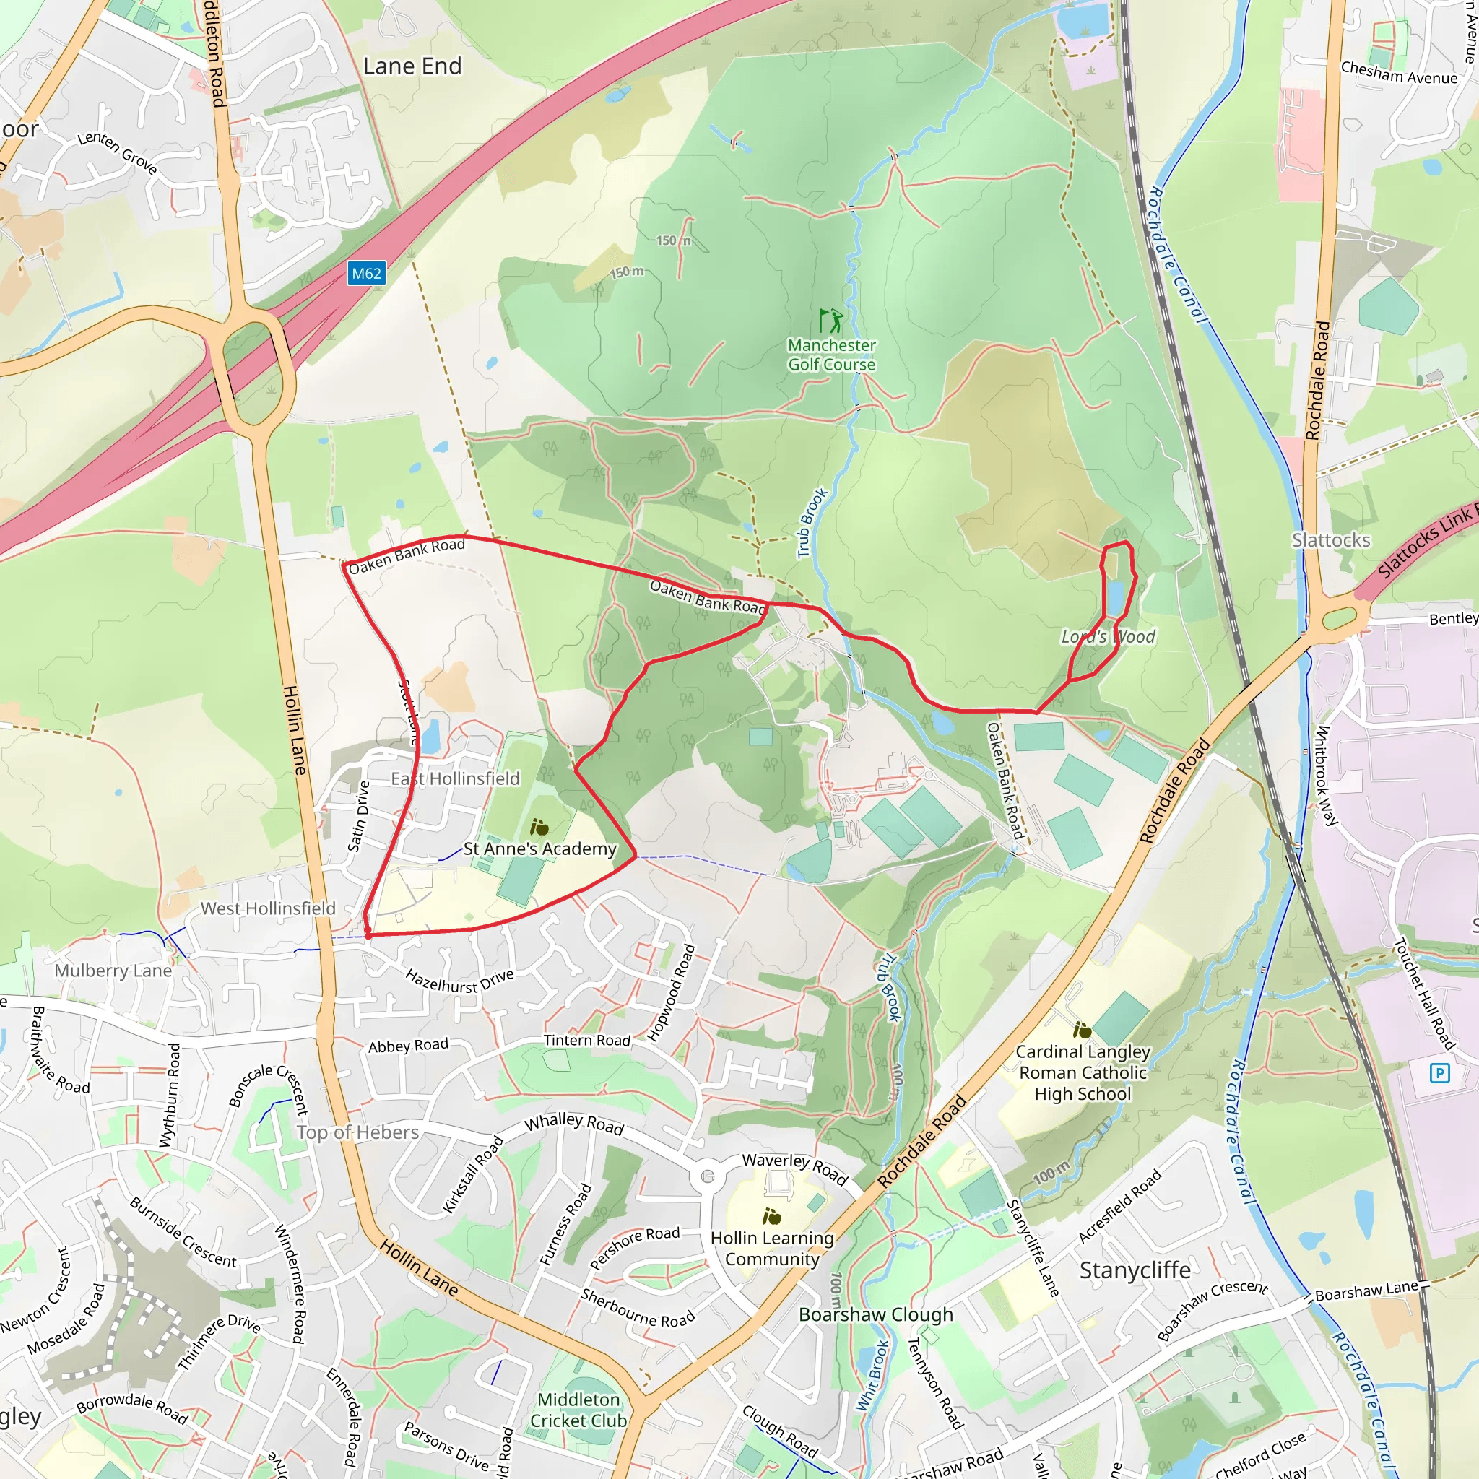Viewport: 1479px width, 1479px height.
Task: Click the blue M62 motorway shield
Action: (x=367, y=273)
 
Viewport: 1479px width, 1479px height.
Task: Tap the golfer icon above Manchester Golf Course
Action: (x=830, y=320)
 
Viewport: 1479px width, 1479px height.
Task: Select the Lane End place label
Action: (x=412, y=66)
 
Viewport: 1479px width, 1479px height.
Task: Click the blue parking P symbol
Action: (x=1439, y=1072)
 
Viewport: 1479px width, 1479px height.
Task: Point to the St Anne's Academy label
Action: (x=539, y=849)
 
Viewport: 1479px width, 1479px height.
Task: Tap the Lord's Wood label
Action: (x=1108, y=637)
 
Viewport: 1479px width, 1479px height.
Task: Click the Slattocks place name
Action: (x=1330, y=540)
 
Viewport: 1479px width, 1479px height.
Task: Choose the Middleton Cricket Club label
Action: (x=578, y=1410)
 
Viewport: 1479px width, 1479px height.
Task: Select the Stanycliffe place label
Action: (x=1135, y=1270)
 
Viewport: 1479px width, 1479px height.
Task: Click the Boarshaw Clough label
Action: (x=876, y=1314)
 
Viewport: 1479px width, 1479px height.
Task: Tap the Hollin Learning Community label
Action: (x=772, y=1249)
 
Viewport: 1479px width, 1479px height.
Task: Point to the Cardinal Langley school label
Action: (x=1083, y=1072)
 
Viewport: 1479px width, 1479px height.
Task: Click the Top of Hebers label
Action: (x=357, y=1132)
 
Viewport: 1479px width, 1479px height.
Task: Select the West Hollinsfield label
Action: (x=268, y=908)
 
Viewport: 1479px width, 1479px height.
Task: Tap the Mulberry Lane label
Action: (x=113, y=971)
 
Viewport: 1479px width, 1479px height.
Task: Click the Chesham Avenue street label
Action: (x=1399, y=74)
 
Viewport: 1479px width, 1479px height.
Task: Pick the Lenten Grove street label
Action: (x=118, y=152)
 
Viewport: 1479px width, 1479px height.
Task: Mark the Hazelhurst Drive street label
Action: (x=459, y=981)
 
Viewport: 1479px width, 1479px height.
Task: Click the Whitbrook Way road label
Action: (x=1326, y=776)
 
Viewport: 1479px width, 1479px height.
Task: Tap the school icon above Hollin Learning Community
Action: (x=772, y=1216)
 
